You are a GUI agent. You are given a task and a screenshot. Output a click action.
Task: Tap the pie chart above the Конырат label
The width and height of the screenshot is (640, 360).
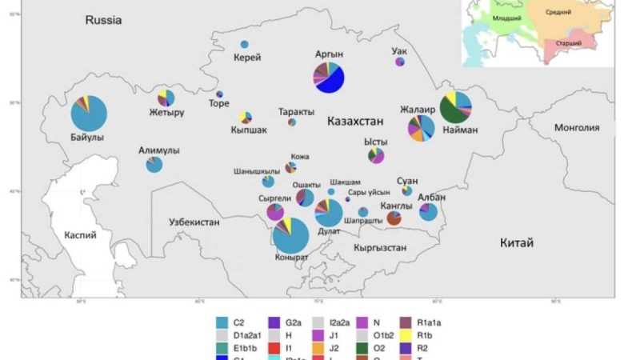pyautogui.click(x=291, y=235)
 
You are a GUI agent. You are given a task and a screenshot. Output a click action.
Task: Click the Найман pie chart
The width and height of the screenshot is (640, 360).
pyautogui.click(x=456, y=106)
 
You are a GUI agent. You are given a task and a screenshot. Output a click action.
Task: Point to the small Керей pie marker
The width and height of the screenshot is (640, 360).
pyautogui.click(x=245, y=44)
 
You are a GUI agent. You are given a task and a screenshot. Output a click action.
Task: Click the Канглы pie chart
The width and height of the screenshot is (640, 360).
pyautogui.click(x=394, y=218)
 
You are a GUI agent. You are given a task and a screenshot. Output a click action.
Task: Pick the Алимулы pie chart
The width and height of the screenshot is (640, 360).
pyautogui.click(x=154, y=165)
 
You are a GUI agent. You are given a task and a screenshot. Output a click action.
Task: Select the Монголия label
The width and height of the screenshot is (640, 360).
pyautogui.click(x=577, y=127)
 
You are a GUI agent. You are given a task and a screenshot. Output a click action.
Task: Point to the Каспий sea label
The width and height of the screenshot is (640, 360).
pyautogui.click(x=81, y=235)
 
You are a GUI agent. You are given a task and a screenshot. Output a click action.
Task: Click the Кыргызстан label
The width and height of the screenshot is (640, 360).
pyautogui.click(x=379, y=248)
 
